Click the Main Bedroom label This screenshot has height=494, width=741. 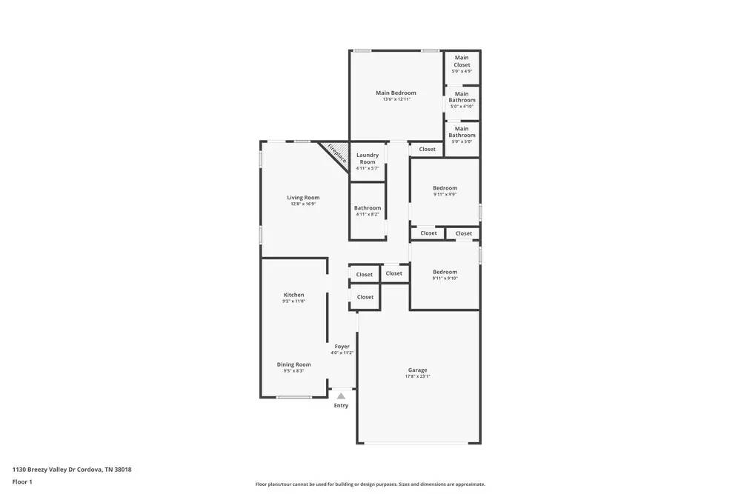pos(396,93)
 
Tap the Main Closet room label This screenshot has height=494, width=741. pos(462,61)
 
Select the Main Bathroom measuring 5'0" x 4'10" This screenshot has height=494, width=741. pos(462,97)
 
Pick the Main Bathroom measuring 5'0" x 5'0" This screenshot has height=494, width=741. pos(462,132)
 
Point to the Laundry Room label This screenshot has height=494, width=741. pos(368,158)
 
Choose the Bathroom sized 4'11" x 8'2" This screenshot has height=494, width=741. pos(368,208)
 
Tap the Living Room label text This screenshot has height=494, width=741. pos(304,198)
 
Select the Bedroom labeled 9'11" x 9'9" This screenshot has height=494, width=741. pos(445,188)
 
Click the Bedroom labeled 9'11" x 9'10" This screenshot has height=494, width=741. pos(445,272)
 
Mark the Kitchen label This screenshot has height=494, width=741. pos(294,295)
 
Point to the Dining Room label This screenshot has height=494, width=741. pos(294,364)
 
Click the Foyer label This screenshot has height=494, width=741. pos(342,346)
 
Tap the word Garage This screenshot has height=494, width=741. pos(417,370)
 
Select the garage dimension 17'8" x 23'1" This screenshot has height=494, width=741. pos(417,376)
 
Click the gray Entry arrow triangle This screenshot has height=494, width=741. pos(341,396)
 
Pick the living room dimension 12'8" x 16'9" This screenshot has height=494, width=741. pos(304,204)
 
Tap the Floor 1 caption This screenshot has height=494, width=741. pos(22,481)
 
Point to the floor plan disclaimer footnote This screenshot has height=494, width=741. pos(370,484)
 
